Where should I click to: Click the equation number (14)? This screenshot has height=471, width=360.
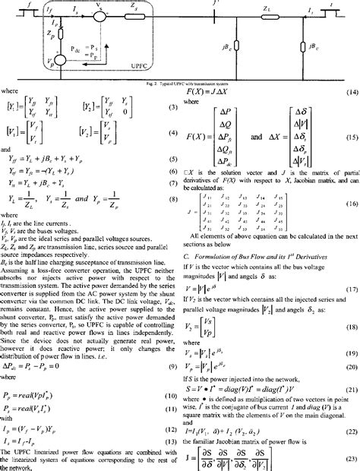[x=352, y=91]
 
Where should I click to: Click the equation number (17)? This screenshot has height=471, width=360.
[x=352, y=268]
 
